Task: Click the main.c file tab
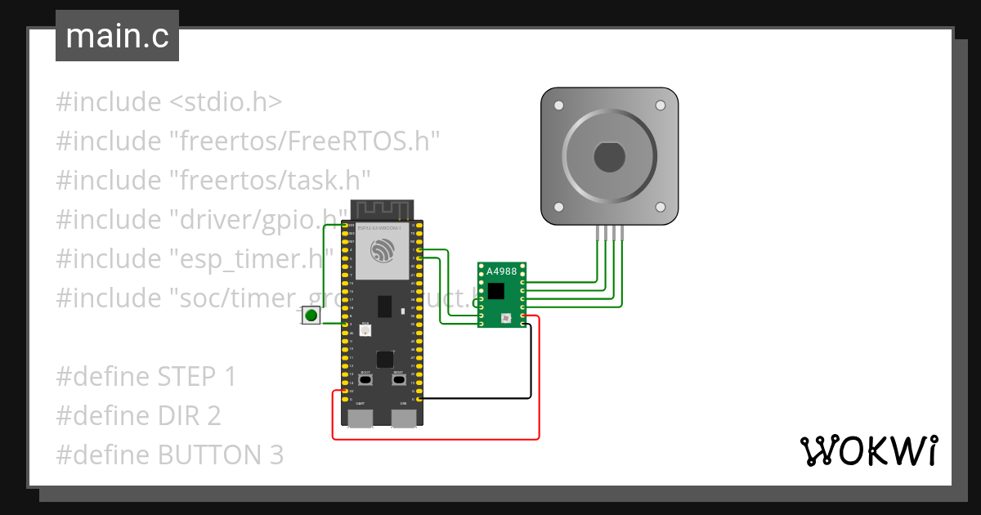(x=117, y=37)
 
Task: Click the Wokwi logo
(x=868, y=451)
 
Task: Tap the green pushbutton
(x=311, y=315)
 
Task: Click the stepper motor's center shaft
(x=609, y=157)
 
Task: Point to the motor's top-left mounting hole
(x=559, y=106)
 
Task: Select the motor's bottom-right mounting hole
(x=661, y=207)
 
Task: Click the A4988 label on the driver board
(x=501, y=271)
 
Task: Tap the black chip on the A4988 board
(x=496, y=290)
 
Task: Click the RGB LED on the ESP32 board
(x=365, y=331)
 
